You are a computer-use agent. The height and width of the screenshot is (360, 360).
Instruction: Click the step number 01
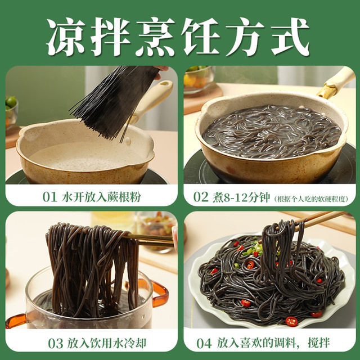click(50, 197)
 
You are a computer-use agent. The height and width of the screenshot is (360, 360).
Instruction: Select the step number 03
click(55, 344)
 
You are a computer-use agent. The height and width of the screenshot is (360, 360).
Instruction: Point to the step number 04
click(204, 344)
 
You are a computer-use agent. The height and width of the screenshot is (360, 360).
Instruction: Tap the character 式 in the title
click(290, 37)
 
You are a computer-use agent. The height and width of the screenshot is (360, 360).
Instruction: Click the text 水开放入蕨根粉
click(101, 197)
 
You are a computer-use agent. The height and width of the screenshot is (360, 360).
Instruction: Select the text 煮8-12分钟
click(241, 197)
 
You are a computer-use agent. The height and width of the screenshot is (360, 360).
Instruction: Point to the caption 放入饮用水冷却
click(106, 344)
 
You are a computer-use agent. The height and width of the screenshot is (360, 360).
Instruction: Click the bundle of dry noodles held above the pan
click(115, 101)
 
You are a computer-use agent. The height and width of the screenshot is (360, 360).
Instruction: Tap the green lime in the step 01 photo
click(11, 102)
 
